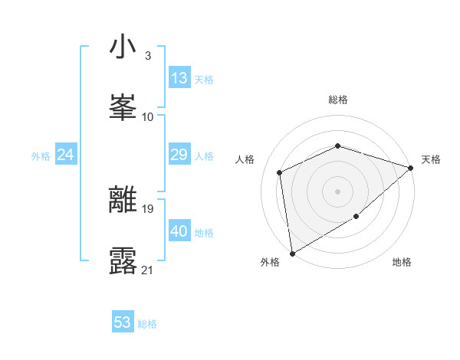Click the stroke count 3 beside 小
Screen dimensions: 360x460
(147, 56)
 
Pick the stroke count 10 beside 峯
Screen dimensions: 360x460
(148, 116)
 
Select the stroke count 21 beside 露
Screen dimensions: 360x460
(148, 270)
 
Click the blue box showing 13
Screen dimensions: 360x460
(179, 78)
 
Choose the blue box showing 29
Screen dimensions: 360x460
(179, 155)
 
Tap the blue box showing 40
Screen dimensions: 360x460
(179, 231)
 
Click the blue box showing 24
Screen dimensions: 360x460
(65, 155)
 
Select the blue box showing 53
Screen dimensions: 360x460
(123, 322)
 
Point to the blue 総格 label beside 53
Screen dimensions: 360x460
(147, 324)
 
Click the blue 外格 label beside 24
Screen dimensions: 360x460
(41, 156)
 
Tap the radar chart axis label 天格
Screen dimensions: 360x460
(431, 159)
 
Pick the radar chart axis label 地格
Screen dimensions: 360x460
(402, 263)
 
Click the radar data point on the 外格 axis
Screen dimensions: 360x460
(291, 253)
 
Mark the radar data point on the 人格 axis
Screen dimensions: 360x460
(280, 172)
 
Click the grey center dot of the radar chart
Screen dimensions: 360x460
(337, 191)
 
